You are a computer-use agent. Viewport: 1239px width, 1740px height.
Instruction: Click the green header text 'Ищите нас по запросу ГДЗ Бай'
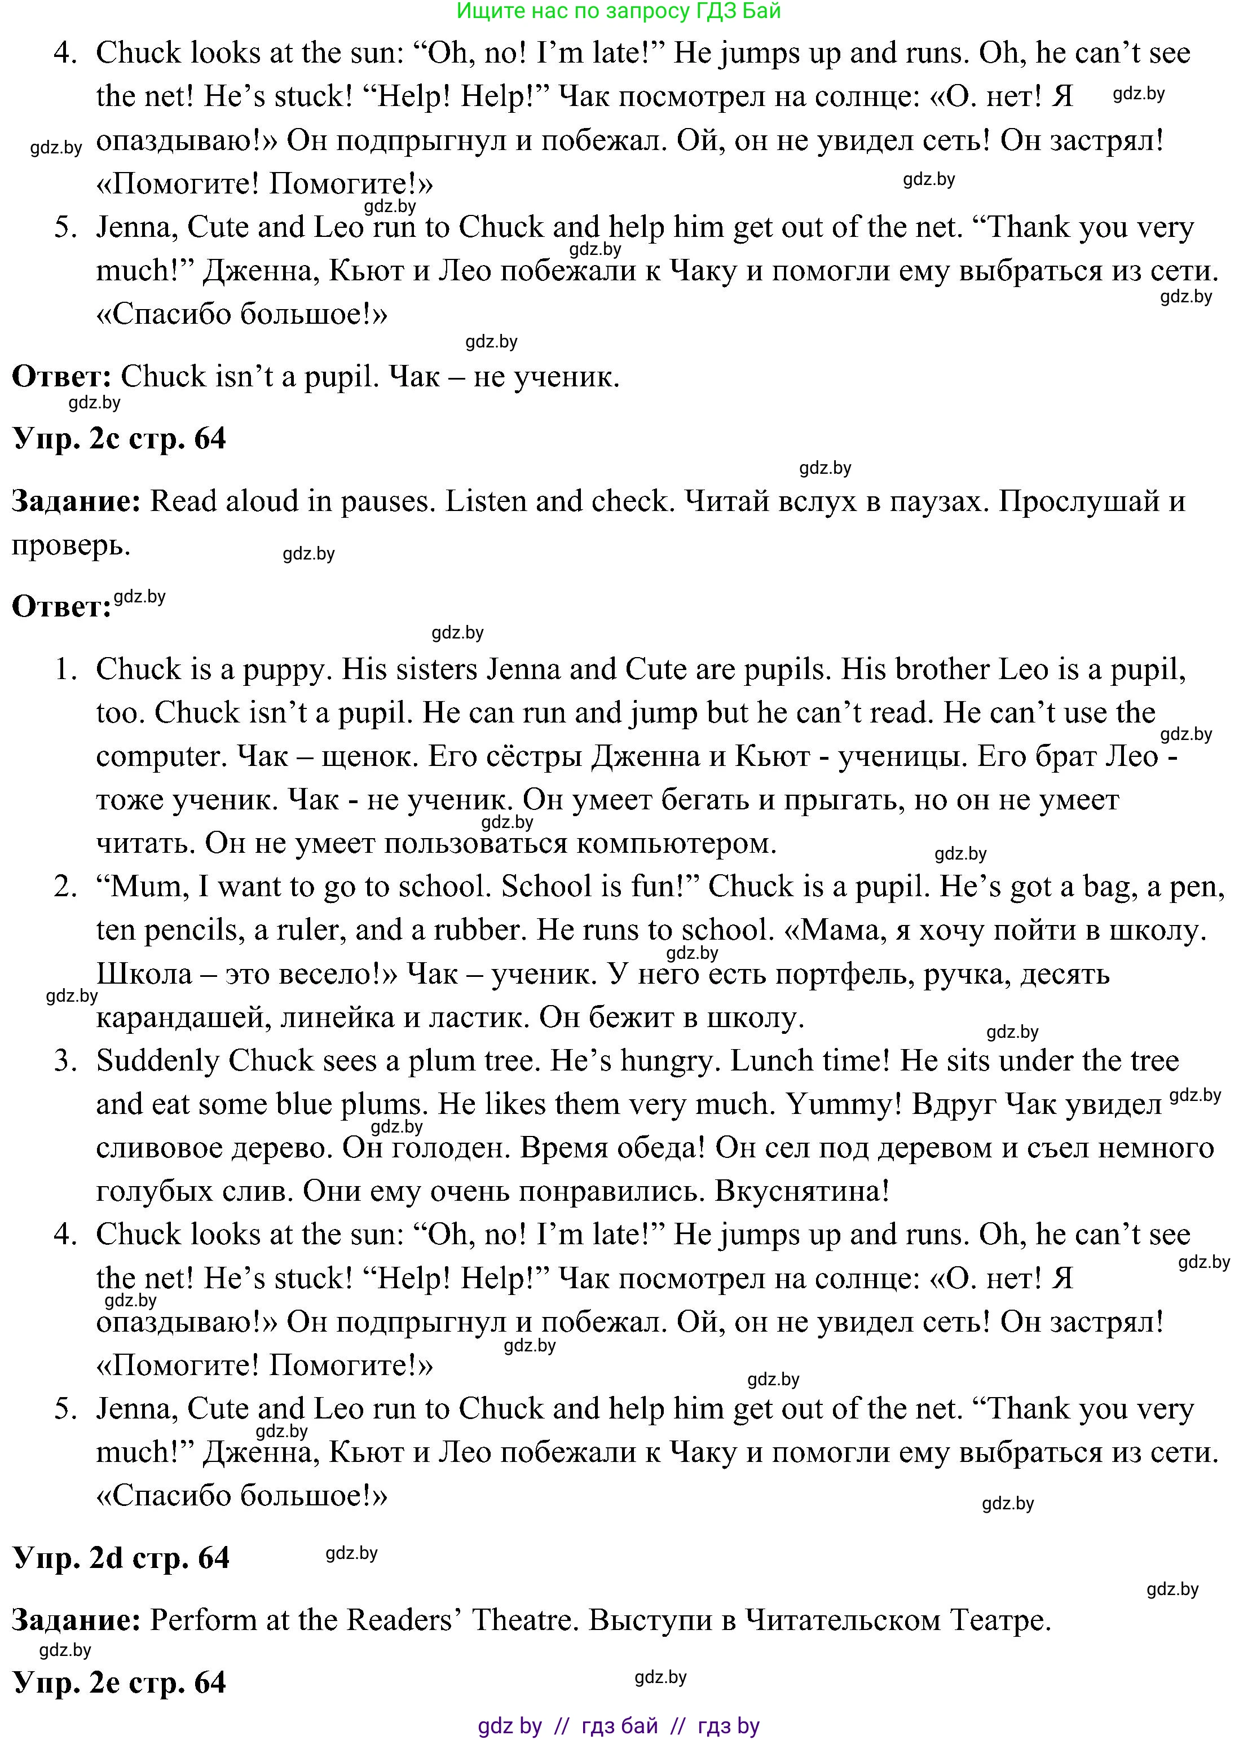pos(618,11)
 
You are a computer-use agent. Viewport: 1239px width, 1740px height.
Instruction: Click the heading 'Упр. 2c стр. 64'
pos(119,439)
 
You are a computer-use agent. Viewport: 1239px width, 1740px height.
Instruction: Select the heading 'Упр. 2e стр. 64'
pos(119,1681)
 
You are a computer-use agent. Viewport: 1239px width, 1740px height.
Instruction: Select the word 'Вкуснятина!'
pos(802,1191)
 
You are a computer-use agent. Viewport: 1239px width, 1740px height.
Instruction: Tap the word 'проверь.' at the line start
pos(70,545)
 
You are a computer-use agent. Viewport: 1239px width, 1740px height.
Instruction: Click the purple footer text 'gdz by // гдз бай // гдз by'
pos(619,1725)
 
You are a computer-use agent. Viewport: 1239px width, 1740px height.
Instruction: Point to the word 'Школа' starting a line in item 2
pos(144,974)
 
